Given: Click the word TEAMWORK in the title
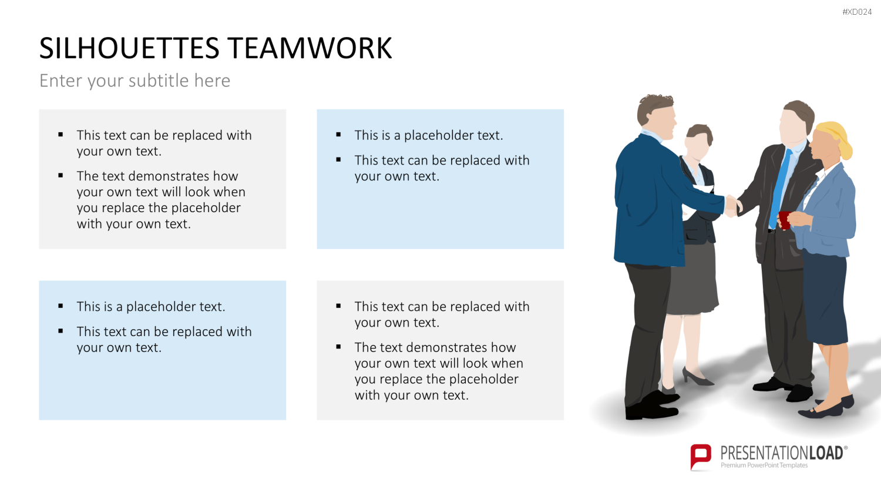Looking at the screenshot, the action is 310,48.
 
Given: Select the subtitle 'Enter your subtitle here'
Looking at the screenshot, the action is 134,81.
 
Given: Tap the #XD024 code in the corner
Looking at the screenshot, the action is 857,12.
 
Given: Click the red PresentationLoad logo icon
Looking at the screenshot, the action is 701,457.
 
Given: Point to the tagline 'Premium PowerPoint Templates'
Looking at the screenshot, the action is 764,465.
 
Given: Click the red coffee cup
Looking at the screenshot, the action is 784,220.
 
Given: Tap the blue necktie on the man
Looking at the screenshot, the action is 781,189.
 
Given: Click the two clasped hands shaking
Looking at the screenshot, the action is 733,206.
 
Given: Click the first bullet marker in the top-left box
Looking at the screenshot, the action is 60,135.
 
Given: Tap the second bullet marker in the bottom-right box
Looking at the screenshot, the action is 338,347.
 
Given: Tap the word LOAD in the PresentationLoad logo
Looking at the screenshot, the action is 826,453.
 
